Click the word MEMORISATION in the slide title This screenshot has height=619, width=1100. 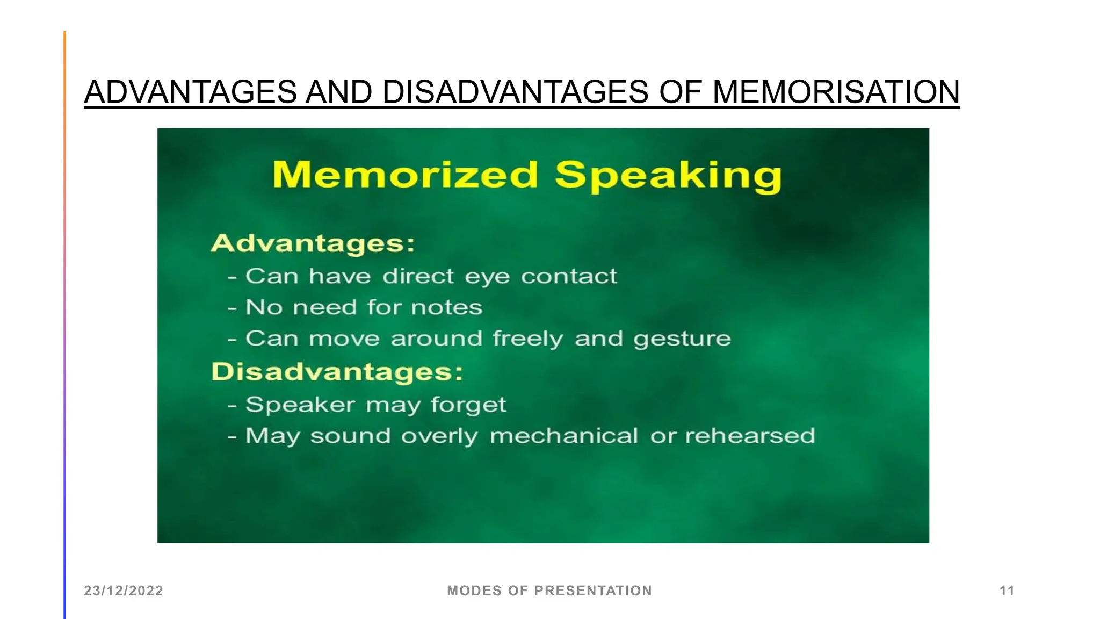point(836,92)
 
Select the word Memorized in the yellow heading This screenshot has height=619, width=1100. point(405,175)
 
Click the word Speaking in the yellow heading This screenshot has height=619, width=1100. point(668,176)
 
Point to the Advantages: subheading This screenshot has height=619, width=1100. point(313,243)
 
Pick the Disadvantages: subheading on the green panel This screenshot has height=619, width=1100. point(337,372)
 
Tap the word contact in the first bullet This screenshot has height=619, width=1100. point(569,276)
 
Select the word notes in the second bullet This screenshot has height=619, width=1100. point(446,307)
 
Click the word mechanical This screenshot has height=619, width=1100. point(564,436)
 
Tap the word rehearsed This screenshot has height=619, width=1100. point(750,436)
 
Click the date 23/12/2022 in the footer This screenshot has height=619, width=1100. point(124,591)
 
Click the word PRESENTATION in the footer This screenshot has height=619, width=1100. point(593,591)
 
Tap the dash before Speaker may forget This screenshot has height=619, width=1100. point(232,406)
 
